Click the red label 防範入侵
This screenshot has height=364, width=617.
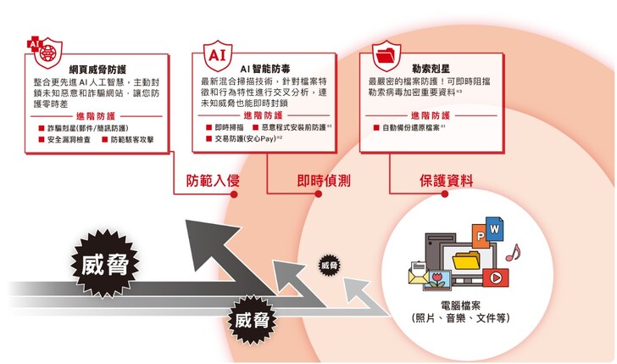211,180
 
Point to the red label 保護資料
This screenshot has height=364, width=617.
446,180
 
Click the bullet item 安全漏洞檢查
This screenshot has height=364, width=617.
71,140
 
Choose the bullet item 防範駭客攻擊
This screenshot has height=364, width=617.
137,140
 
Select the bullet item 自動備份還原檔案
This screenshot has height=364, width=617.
414,127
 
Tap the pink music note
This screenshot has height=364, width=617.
512,251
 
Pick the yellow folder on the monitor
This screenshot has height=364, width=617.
464,258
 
